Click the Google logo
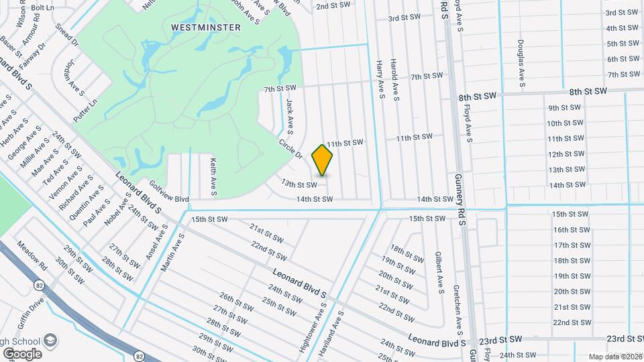click(x=21, y=353)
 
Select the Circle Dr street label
click(x=290, y=149)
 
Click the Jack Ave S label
click(x=290, y=115)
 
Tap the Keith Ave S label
click(x=213, y=176)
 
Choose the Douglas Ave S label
click(x=521, y=64)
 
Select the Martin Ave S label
click(x=172, y=250)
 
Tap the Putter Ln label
click(x=86, y=110)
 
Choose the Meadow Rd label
click(x=32, y=255)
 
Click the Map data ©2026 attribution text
click(x=614, y=357)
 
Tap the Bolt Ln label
click(x=42, y=7)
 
